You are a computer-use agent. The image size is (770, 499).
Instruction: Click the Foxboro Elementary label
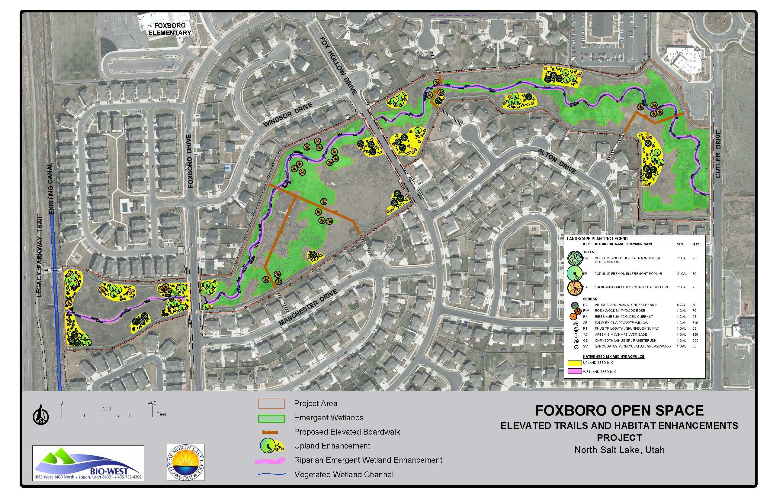click(x=169, y=29)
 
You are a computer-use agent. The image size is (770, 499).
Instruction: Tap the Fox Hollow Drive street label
click(x=338, y=65)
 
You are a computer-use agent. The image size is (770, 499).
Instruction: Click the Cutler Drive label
click(x=718, y=154)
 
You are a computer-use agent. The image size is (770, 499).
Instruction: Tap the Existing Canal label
click(x=50, y=188)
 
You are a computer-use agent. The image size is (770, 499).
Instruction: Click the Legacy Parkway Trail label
click(x=40, y=256)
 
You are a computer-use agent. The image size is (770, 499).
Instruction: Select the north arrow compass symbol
click(x=41, y=414)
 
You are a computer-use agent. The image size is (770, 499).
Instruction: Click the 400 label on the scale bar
click(x=152, y=403)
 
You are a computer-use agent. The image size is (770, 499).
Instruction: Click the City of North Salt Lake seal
click(x=185, y=462)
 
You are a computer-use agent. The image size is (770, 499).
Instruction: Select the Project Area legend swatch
click(x=271, y=403)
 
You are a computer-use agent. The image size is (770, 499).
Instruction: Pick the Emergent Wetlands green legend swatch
click(x=271, y=418)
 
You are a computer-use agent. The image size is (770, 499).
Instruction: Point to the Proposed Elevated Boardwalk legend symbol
click(x=270, y=432)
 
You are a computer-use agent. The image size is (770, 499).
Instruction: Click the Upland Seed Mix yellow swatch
click(x=575, y=363)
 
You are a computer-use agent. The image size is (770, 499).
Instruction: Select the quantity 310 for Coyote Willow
click(x=695, y=323)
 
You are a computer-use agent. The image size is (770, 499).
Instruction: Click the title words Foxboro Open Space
click(x=619, y=411)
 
